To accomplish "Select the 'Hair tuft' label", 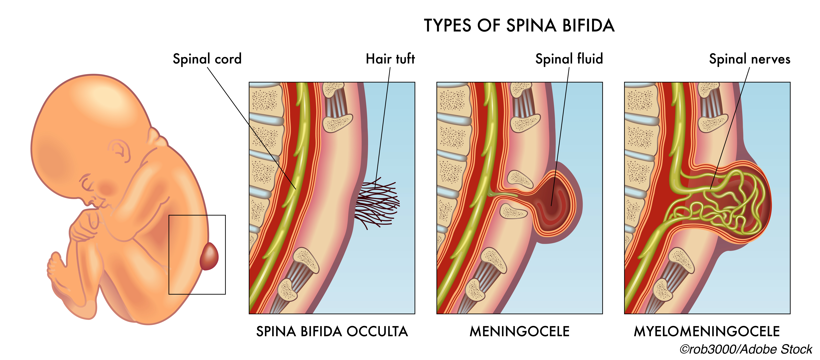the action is pyautogui.click(x=390, y=59).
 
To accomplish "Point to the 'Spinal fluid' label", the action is pyautogui.click(x=569, y=59).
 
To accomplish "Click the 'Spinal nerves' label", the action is pyautogui.click(x=750, y=59).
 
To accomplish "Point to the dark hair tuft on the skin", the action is pyautogui.click(x=377, y=204).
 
